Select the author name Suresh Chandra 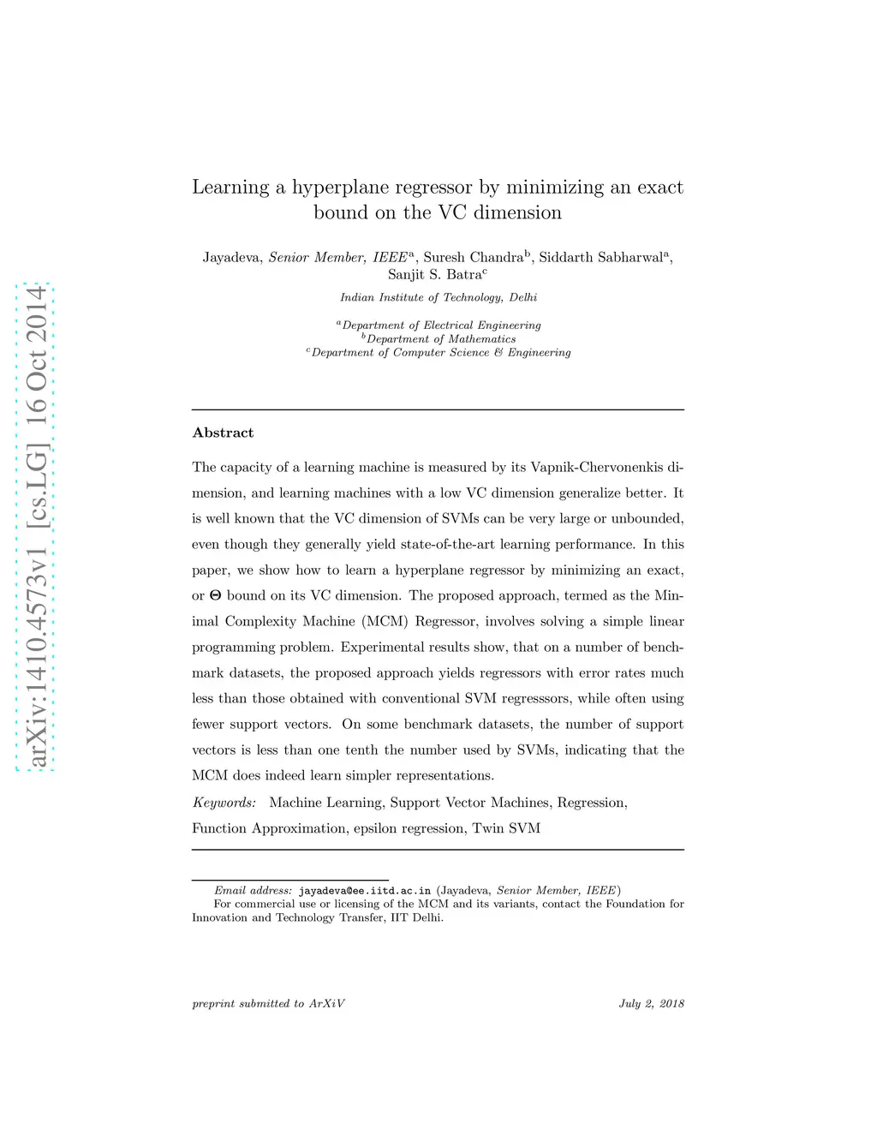[x=474, y=258]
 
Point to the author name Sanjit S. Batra [x=434, y=275]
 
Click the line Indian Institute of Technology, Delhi [x=438, y=297]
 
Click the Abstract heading [x=223, y=433]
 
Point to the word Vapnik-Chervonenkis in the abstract [x=597, y=467]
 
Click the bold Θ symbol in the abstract [x=215, y=596]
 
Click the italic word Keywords [x=224, y=803]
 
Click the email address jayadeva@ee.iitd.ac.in [x=365, y=891]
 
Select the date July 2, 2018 [x=651, y=1004]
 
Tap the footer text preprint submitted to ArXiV [x=268, y=1004]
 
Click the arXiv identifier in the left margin [x=35, y=527]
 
